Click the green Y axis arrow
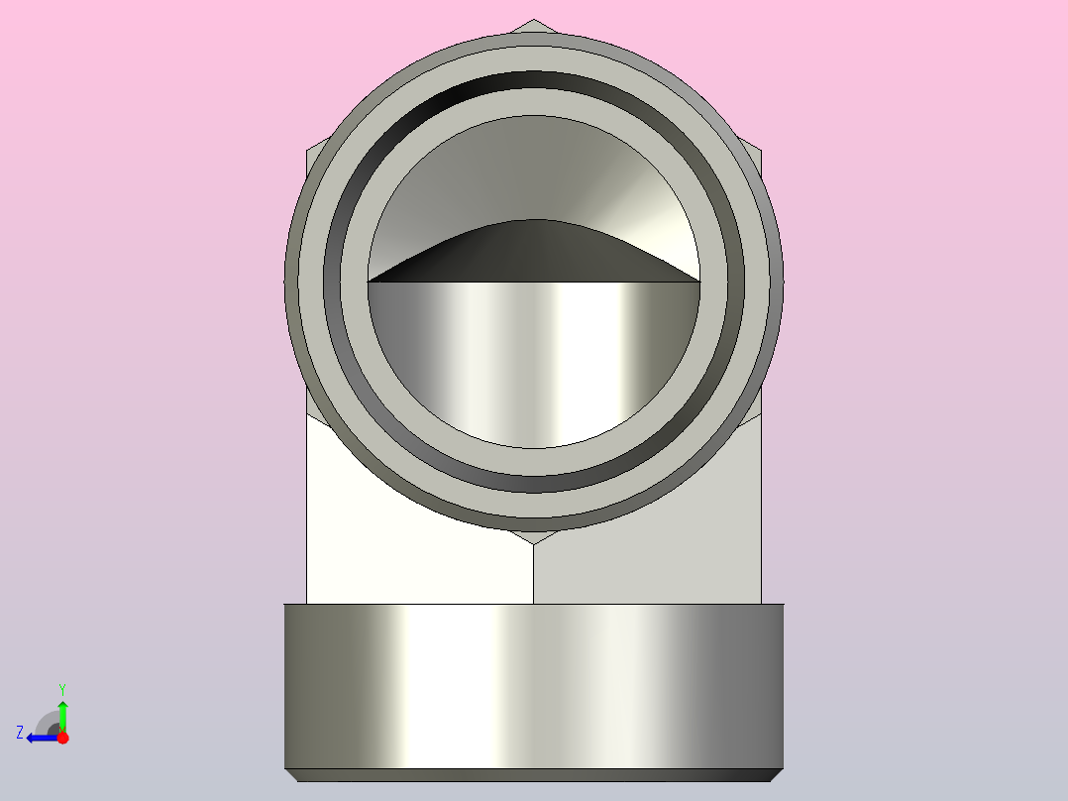[x=62, y=712]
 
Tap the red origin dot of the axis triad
[x=62, y=738]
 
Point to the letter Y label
[x=62, y=688]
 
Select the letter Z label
[x=20, y=733]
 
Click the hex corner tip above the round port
[x=534, y=23]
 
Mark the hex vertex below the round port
[x=534, y=541]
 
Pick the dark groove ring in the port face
[x=534, y=83]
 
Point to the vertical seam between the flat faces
[x=534, y=575]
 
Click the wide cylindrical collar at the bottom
[x=534, y=684]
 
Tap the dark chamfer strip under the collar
[x=534, y=774]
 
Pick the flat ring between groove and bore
[x=534, y=103]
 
